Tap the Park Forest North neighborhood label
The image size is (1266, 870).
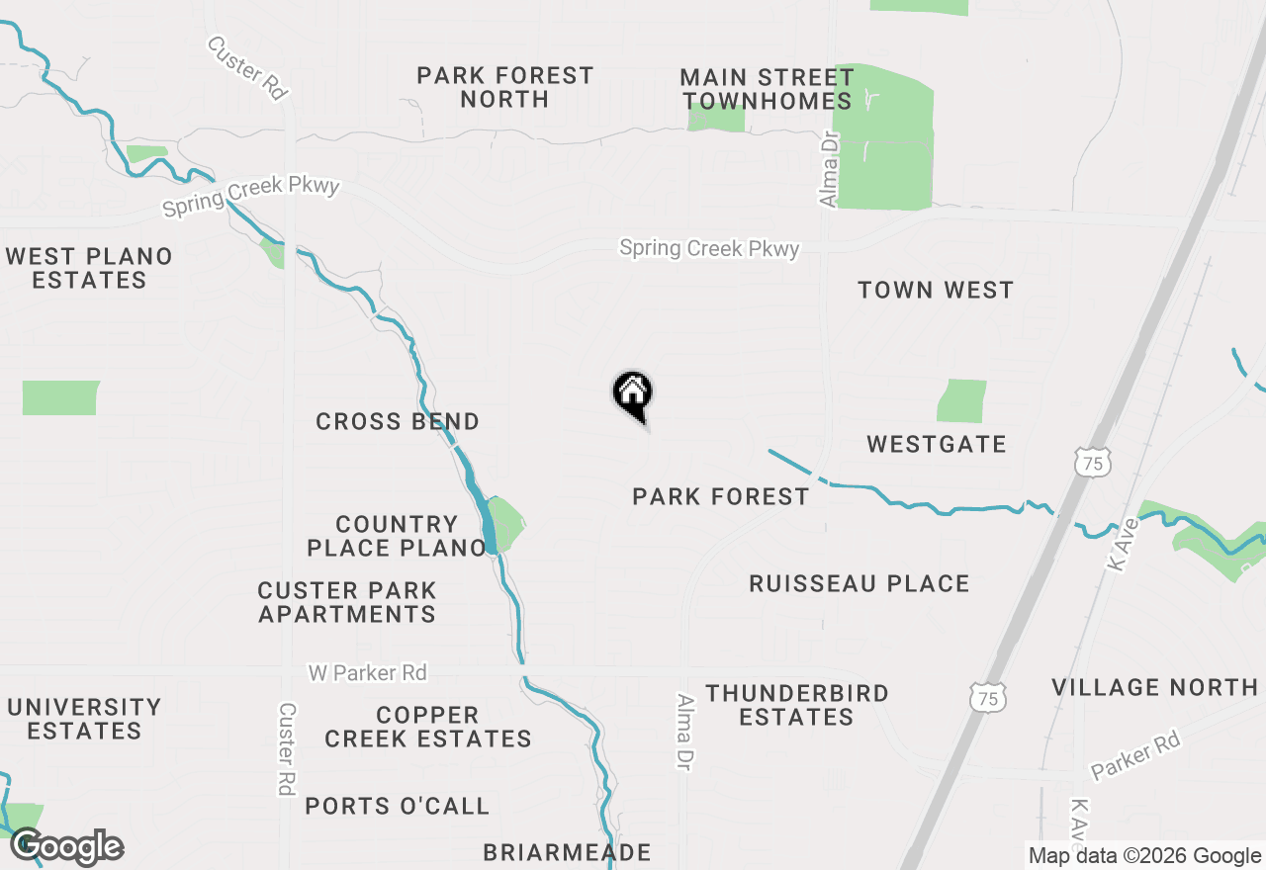[x=504, y=87]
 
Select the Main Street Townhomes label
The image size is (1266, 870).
[x=767, y=89]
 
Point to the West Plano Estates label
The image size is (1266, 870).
[x=89, y=268]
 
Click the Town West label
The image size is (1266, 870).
[x=936, y=290]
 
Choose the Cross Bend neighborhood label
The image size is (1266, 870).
[x=398, y=421]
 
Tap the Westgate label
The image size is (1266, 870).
[x=937, y=444]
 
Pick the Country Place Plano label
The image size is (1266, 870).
[x=396, y=536]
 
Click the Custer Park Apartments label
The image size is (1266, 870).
[x=347, y=602]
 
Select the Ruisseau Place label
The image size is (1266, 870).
[x=859, y=583]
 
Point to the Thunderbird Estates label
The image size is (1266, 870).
[x=797, y=705]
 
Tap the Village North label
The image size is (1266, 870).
[x=1154, y=687]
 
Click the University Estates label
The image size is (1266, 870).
[x=84, y=719]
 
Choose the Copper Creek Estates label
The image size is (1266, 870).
[x=428, y=727]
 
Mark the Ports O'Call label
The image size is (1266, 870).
[x=398, y=806]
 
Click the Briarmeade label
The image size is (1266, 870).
[x=567, y=852]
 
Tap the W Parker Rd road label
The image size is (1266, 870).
[x=368, y=672]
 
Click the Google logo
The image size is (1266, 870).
[x=67, y=847]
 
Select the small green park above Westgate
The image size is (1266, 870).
[x=961, y=400]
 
